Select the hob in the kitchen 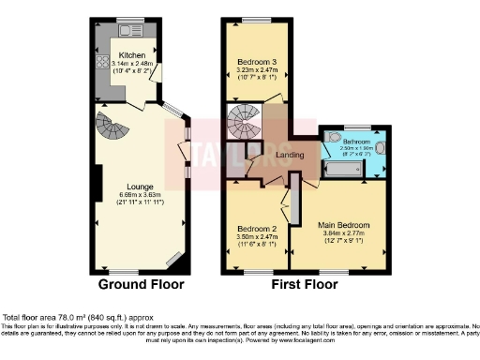[101, 67]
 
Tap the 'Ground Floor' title [142, 283]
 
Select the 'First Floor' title [305, 283]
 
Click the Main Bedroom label [342, 225]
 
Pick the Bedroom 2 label [255, 229]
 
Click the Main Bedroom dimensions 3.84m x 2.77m [342, 233]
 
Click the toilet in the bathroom [381, 147]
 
